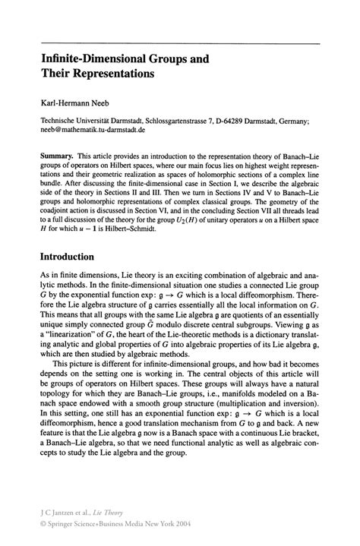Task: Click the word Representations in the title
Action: coord(112,74)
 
